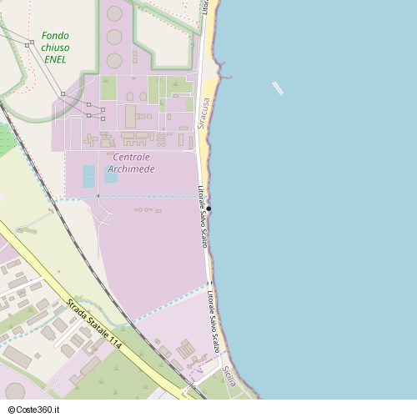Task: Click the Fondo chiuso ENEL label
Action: pos(55,48)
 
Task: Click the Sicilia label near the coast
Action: pos(230,377)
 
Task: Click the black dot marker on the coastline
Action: pos(209,208)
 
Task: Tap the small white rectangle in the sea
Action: pos(278,88)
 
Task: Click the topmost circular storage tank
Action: pos(114,13)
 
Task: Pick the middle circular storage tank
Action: pos(114,37)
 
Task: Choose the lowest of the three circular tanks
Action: pos(114,60)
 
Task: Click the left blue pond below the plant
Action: pos(88,177)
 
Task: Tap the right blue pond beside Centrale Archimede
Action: pos(111,177)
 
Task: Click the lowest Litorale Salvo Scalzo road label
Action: pos(214,320)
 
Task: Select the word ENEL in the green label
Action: pos(55,60)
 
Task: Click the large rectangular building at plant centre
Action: pos(130,116)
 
